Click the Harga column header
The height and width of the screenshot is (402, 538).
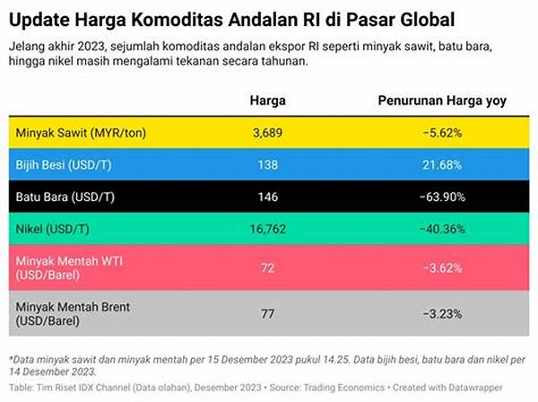click(268, 100)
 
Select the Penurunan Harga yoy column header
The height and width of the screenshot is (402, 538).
click(441, 100)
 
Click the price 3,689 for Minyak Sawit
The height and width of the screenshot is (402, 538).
click(268, 132)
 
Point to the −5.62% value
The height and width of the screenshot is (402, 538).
click(441, 132)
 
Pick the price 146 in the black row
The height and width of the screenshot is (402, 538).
click(268, 196)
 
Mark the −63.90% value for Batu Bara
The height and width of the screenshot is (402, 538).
click(441, 196)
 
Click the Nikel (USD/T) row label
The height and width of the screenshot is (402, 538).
click(53, 228)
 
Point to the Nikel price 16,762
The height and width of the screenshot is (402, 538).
click(268, 228)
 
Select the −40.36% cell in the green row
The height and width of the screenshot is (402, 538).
click(441, 228)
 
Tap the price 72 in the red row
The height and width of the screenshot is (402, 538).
click(268, 267)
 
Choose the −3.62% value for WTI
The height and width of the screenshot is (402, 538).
click(441, 267)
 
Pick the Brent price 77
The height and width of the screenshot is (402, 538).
click(268, 314)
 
